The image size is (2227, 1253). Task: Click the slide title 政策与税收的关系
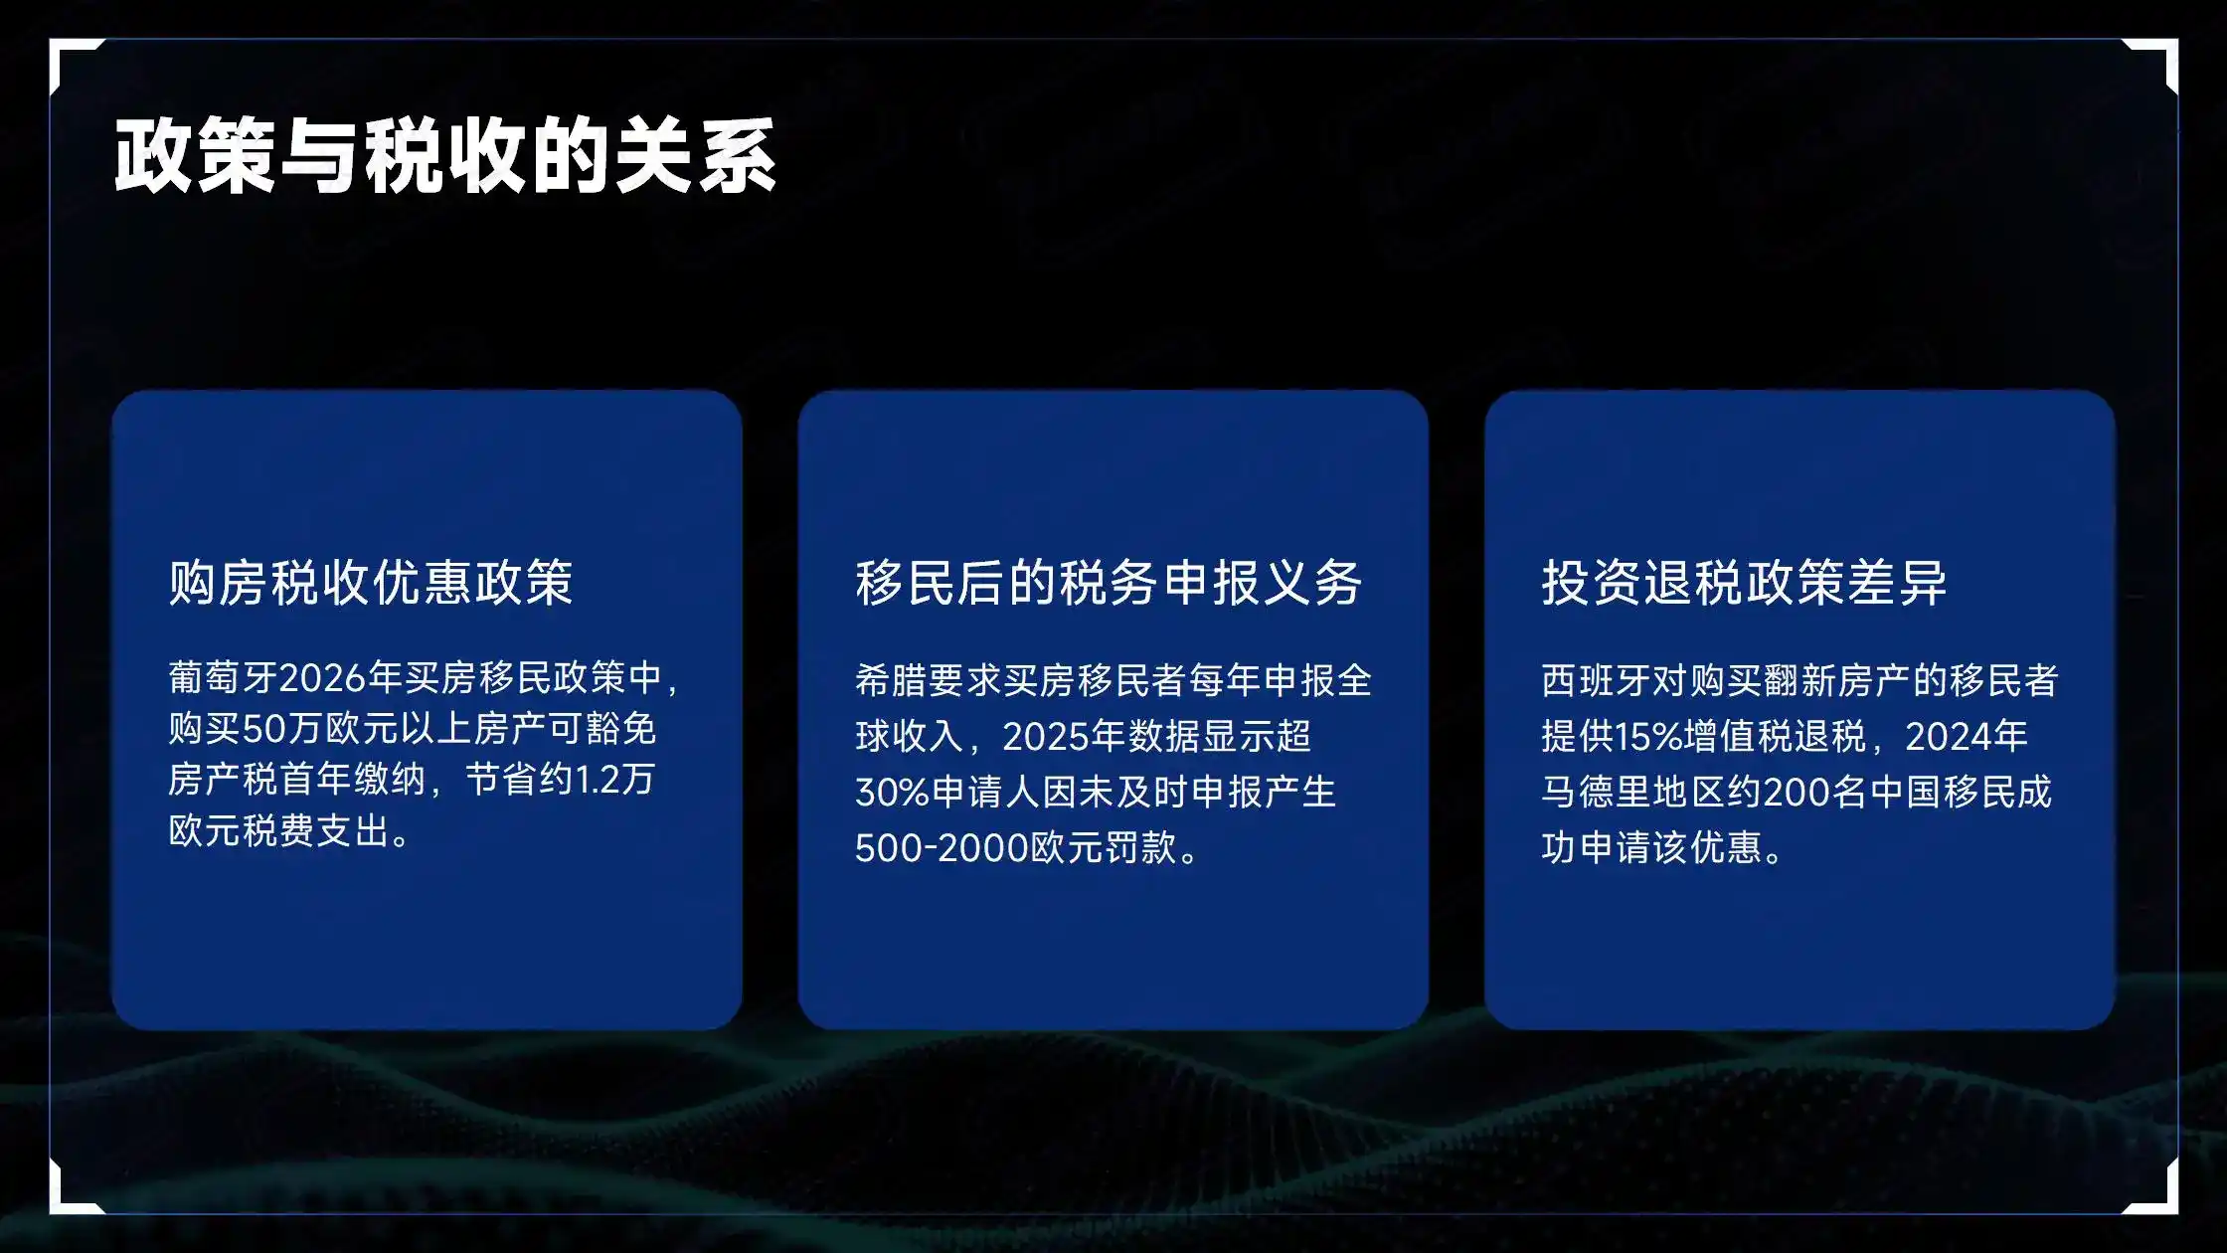click(444, 156)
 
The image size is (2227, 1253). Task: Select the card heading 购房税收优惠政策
click(371, 583)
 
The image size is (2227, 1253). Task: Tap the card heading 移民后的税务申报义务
click(1109, 583)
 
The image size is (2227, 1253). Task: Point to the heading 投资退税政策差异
click(1744, 583)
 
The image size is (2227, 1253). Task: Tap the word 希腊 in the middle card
click(892, 681)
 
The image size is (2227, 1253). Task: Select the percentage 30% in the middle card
click(892, 793)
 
